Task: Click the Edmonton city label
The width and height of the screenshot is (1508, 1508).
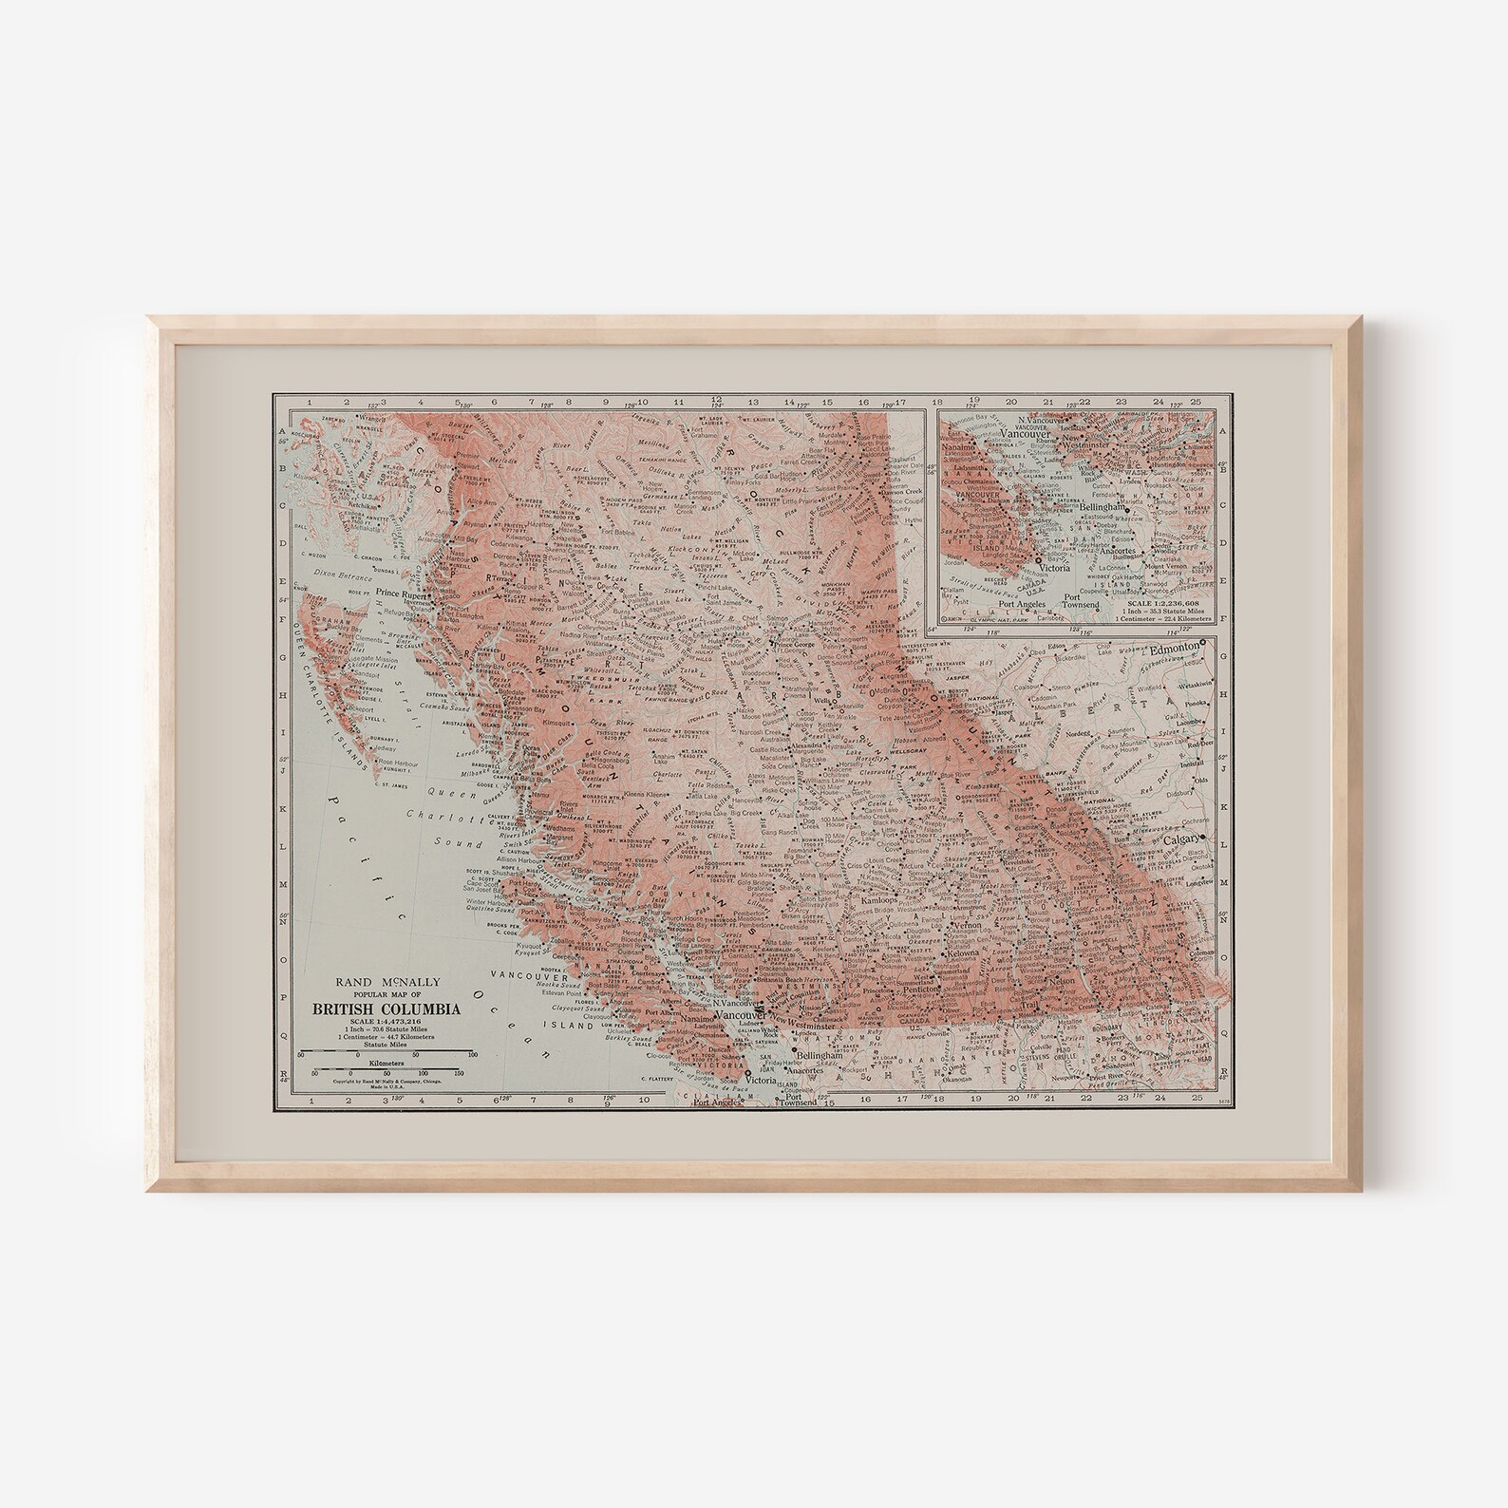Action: (1174, 645)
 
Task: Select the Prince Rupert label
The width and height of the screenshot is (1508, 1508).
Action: (400, 593)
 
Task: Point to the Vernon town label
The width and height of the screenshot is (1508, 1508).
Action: (967, 924)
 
